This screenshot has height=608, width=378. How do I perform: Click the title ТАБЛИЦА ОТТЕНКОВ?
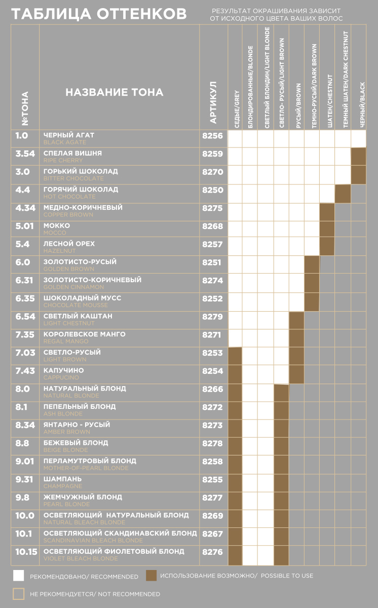point(99,14)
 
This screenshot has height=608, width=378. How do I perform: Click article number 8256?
point(212,136)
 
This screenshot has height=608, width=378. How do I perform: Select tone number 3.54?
point(25,154)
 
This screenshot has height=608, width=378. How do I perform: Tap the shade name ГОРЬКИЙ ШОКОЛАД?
point(81,172)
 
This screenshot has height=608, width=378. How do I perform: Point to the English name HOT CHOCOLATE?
point(69,197)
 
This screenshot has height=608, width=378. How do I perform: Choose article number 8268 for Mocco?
point(212,226)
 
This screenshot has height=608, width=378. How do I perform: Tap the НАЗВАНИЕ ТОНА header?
point(115,92)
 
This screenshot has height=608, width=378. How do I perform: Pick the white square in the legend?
point(19,576)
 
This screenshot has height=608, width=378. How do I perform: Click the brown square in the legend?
point(150,576)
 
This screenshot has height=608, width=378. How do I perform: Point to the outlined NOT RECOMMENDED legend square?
point(19,594)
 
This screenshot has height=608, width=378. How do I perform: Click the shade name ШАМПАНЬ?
point(62,479)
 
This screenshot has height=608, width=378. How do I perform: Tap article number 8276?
point(212,552)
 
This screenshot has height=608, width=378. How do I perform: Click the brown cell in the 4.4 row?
point(343,194)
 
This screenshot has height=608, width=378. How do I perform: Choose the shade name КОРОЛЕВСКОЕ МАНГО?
point(84,334)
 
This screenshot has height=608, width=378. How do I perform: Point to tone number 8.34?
point(25,425)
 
